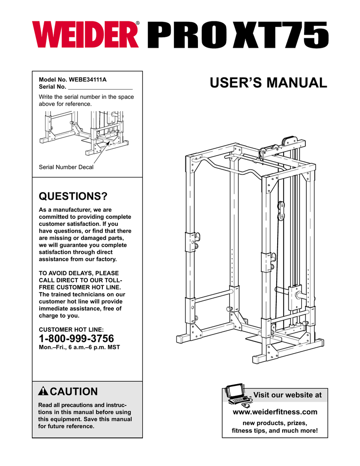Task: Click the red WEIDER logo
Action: (x=85, y=35)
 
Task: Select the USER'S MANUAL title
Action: (x=269, y=83)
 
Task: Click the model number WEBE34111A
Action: (x=87, y=79)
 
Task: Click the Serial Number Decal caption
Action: (x=66, y=167)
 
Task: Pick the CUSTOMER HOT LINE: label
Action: (x=71, y=329)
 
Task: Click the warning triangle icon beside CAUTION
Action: (x=43, y=392)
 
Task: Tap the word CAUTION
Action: (x=73, y=392)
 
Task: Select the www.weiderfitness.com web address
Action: (x=274, y=412)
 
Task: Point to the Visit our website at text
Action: (x=287, y=395)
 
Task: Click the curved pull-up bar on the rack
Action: (x=228, y=166)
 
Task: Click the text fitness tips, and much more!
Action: (x=274, y=431)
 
